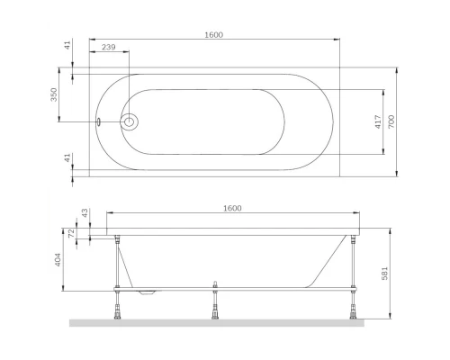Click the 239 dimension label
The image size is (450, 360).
coord(107,47)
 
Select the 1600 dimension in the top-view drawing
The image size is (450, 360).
coord(212,34)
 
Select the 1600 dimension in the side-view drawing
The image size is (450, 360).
coord(231,209)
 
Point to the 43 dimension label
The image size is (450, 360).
coord(85,213)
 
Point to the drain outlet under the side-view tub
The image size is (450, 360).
coord(148,292)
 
